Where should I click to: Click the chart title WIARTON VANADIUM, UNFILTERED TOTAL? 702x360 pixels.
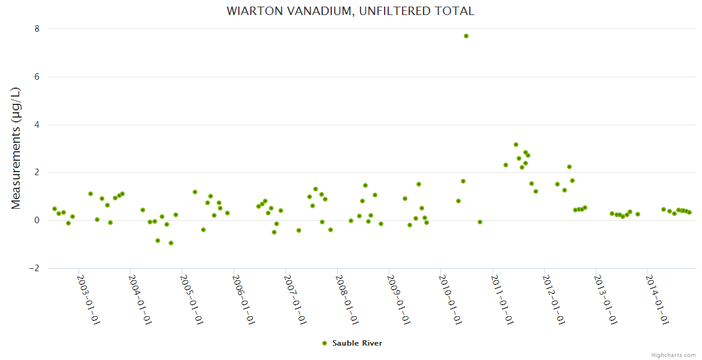point(350,11)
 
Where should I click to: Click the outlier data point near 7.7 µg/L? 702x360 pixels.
point(466,36)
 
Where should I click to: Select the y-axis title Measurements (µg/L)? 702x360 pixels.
point(16,148)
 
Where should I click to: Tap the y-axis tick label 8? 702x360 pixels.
point(37,29)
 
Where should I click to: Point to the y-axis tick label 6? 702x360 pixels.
point(37,77)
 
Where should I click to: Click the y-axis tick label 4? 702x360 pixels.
point(37,125)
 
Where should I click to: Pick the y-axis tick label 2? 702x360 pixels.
point(37,172)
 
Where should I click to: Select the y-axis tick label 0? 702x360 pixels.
point(37,220)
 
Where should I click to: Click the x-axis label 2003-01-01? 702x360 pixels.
point(88,299)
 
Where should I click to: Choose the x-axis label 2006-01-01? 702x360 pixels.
point(243,299)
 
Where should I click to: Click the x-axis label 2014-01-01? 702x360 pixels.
point(656,299)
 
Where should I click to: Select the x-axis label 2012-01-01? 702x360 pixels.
point(553,299)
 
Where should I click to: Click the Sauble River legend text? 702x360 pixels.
point(357,343)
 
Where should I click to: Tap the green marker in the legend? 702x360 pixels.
point(325,343)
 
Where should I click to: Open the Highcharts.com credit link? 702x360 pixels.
point(673,355)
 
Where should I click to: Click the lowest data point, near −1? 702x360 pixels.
point(171,243)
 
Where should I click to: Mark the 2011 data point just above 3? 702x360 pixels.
point(516,145)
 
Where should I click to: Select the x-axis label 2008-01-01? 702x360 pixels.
point(346,299)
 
